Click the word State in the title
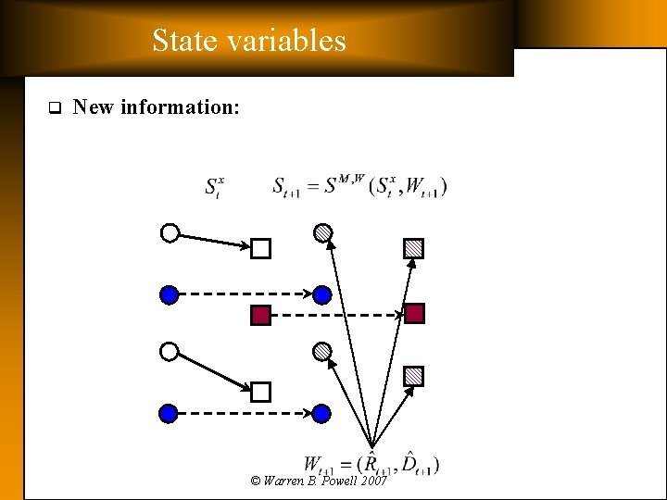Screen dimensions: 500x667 [183, 41]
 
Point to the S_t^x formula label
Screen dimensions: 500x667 [215, 185]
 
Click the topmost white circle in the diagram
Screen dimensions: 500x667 [170, 233]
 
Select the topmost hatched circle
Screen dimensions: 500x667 [321, 232]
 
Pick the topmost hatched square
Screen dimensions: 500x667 [413, 248]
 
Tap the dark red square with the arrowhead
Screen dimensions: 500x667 [414, 314]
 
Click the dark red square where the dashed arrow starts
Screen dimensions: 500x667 [260, 315]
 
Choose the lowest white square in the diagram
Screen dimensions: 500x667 [260, 392]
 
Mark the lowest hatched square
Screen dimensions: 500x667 [413, 376]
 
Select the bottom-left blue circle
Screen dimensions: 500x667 [169, 413]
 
